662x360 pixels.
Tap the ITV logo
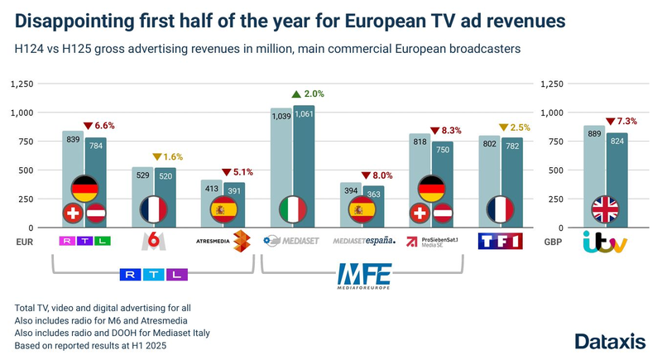tap(605, 242)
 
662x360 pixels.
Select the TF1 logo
tap(501, 242)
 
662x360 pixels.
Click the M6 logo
tap(151, 241)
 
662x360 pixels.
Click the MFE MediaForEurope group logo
tap(363, 275)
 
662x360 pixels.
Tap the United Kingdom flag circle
tap(605, 209)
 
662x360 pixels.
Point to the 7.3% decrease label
tap(622, 121)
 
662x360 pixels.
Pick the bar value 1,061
tap(304, 114)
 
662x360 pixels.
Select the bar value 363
tap(372, 194)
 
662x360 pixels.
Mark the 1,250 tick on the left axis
tap(22, 84)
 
